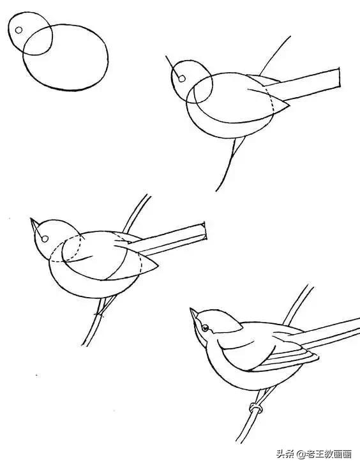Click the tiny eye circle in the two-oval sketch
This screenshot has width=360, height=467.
(19, 29)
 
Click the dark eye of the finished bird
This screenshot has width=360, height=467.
(206, 328)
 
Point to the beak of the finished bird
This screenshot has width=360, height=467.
(195, 316)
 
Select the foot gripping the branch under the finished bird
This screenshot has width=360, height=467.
(257, 408)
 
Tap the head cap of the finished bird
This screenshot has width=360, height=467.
(221, 319)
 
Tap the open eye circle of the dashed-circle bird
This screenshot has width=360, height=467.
(45, 239)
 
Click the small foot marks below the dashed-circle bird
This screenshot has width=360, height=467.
(99, 314)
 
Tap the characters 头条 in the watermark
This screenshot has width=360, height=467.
(284, 454)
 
